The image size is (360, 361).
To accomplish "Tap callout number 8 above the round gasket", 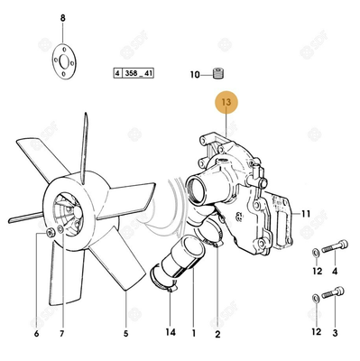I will (x=63, y=19).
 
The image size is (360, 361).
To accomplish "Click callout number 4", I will (x=335, y=270).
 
